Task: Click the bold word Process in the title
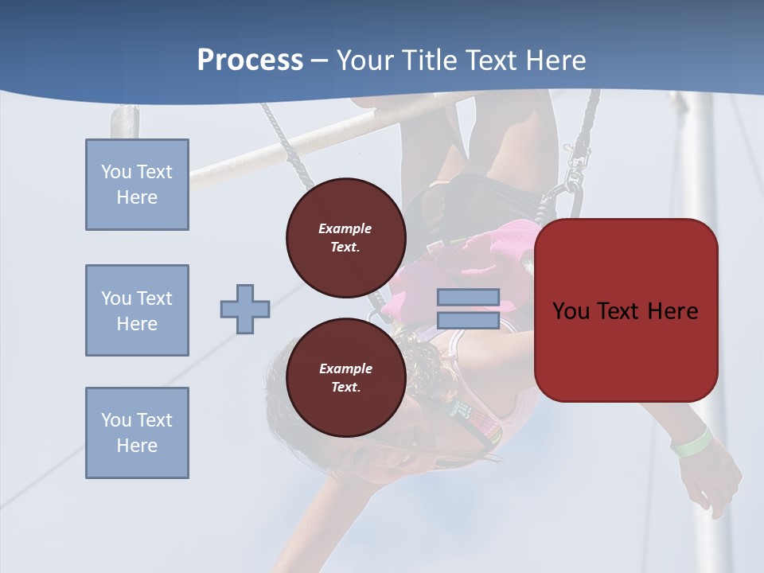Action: point(250,60)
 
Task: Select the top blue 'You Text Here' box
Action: point(137,185)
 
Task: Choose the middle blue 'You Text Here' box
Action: point(137,310)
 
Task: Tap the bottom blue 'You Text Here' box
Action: point(137,433)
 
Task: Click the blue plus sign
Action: point(245,309)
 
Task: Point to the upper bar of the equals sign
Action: point(469,297)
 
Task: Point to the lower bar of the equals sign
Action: point(469,321)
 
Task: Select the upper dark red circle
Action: point(345,237)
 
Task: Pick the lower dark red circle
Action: point(345,377)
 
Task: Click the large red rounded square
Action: point(626,310)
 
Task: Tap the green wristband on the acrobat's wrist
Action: point(691,442)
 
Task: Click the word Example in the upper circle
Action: point(345,228)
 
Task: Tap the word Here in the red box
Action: point(672,310)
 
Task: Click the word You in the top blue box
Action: point(115,172)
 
